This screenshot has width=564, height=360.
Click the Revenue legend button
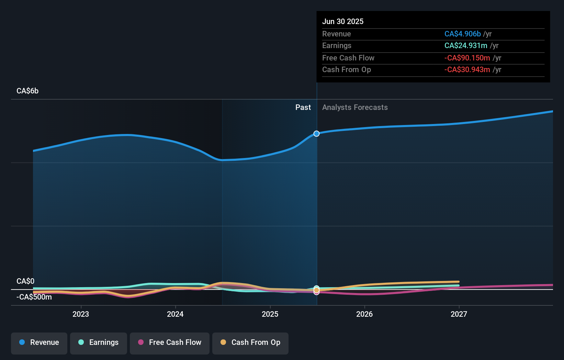[39, 342]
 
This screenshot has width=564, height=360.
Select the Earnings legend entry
[99, 342]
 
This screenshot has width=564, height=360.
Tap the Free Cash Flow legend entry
[170, 342]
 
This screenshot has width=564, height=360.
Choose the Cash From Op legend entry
[250, 342]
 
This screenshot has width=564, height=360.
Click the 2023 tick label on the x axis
[81, 314]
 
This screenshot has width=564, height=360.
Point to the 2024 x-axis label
[175, 314]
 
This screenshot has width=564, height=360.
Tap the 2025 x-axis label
[270, 314]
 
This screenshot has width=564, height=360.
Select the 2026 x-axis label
[364, 314]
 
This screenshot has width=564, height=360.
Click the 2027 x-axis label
[459, 314]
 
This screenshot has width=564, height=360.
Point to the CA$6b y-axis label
[27, 91]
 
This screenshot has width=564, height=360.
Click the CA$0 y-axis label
[25, 281]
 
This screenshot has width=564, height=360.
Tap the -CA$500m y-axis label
[34, 297]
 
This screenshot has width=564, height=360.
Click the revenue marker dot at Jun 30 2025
[316, 134]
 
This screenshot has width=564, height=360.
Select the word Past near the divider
[303, 108]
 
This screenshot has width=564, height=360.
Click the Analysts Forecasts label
[355, 108]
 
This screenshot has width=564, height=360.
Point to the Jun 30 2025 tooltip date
[343, 22]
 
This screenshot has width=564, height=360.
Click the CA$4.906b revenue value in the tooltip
[462, 34]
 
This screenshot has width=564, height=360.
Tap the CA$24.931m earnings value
[466, 46]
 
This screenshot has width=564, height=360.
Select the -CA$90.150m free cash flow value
[467, 58]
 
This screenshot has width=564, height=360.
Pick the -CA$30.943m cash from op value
[467, 70]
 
